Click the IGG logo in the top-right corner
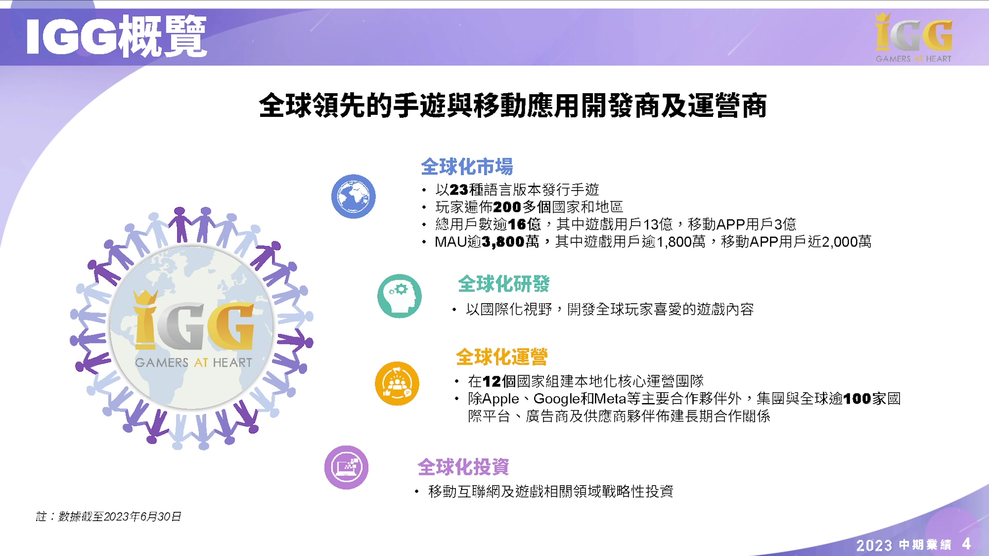pyautogui.click(x=914, y=38)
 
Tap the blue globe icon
pyautogui.click(x=353, y=196)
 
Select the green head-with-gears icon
pyautogui.click(x=399, y=296)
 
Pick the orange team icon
pyautogui.click(x=397, y=384)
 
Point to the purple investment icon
pyautogui.click(x=346, y=467)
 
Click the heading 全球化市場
pyautogui.click(x=467, y=167)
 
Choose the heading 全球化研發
pyautogui.click(x=504, y=284)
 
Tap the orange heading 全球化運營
pyautogui.click(x=502, y=357)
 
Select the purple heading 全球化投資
pyautogui.click(x=463, y=467)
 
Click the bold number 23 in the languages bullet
pyautogui.click(x=459, y=190)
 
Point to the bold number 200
pyautogui.click(x=507, y=207)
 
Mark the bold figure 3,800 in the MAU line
pyautogui.click(x=503, y=242)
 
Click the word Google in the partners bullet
pyautogui.click(x=557, y=399)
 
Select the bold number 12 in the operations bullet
pyautogui.click(x=492, y=381)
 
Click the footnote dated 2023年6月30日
pyautogui.click(x=108, y=516)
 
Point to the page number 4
pyautogui.click(x=966, y=544)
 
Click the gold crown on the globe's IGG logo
pyautogui.click(x=145, y=298)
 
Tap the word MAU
pyautogui.click(x=451, y=242)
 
